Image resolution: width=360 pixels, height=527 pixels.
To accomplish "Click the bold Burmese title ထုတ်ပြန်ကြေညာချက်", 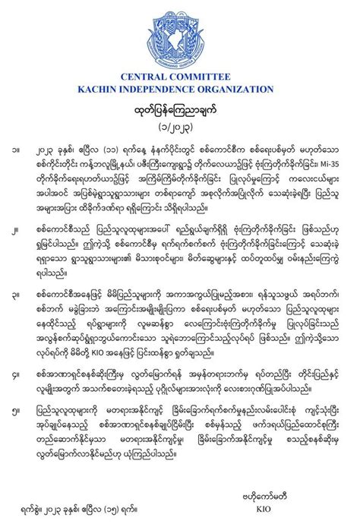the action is pyautogui.click(x=180, y=109).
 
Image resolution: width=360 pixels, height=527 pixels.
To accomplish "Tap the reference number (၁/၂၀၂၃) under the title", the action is pyautogui.click(x=180, y=124).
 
